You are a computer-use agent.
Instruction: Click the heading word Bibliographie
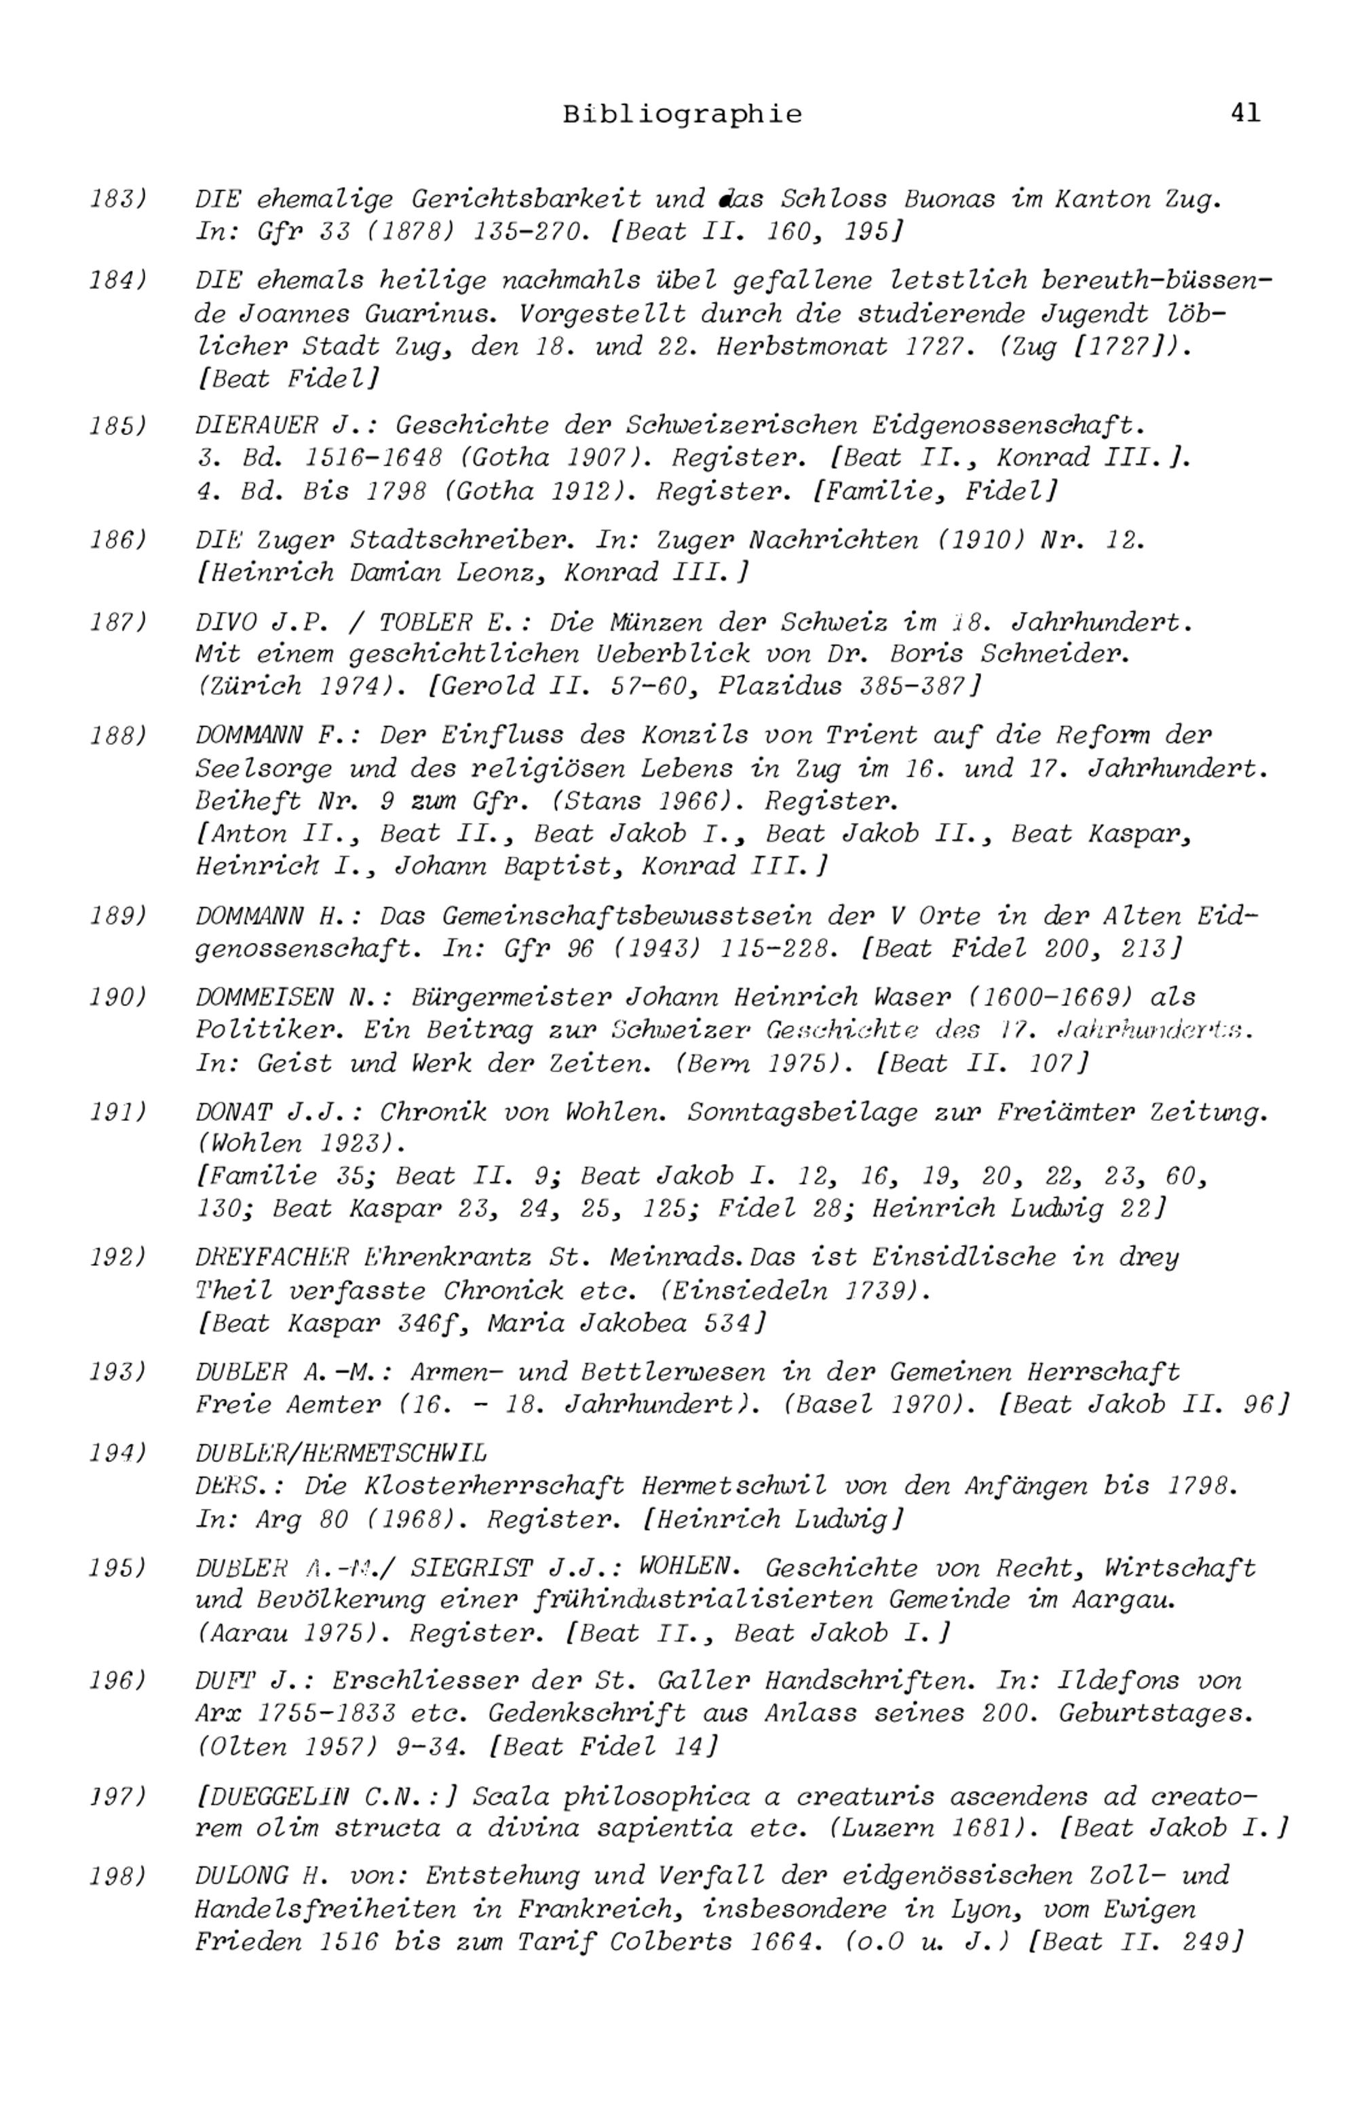[x=683, y=115]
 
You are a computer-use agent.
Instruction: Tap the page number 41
[x=1246, y=113]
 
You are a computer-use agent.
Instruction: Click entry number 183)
[x=118, y=198]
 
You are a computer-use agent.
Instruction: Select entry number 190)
[x=118, y=997]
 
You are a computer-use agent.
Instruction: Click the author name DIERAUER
[x=256, y=425]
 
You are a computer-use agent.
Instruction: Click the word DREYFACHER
[x=272, y=1257]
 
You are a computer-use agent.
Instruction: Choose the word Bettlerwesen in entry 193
[x=690, y=1372]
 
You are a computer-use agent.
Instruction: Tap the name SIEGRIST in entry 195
[x=472, y=1568]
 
